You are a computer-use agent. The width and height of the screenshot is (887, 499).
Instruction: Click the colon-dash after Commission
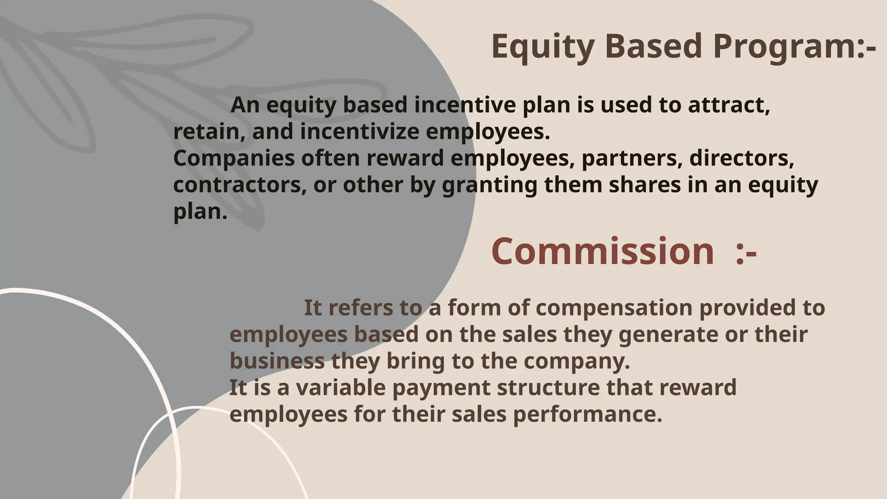pos(746,252)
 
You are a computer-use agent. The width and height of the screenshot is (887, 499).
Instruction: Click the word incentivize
pos(359,131)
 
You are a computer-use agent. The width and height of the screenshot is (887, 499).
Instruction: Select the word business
pos(277,361)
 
